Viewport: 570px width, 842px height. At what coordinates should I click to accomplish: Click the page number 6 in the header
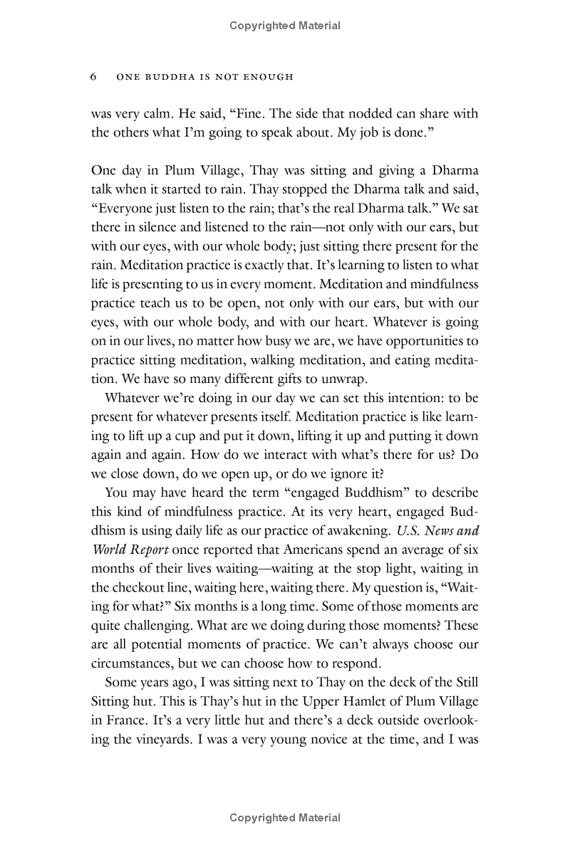point(94,77)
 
